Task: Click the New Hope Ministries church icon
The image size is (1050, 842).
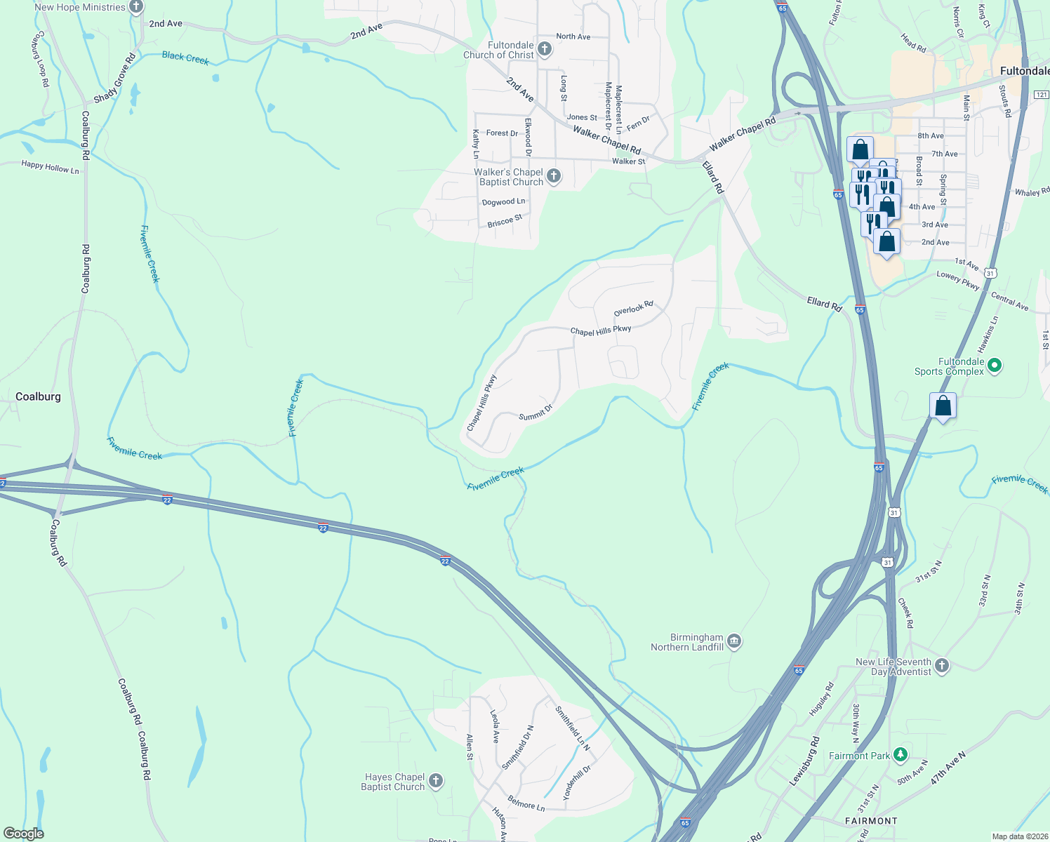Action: pyautogui.click(x=136, y=7)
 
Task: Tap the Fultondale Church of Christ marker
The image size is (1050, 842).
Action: pyautogui.click(x=545, y=50)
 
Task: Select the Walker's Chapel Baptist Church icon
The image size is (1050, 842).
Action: pyautogui.click(x=554, y=176)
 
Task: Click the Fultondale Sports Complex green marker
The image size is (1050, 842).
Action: pyautogui.click(x=994, y=366)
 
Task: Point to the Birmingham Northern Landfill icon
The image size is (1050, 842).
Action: pyautogui.click(x=734, y=641)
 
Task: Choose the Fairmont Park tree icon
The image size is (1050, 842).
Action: pyautogui.click(x=901, y=756)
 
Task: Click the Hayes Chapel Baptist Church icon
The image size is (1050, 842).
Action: pyautogui.click(x=436, y=781)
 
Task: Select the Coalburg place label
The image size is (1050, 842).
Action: pyautogui.click(x=38, y=396)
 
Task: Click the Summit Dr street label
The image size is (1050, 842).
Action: pyautogui.click(x=536, y=413)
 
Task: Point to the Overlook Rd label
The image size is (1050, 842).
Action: pyautogui.click(x=633, y=309)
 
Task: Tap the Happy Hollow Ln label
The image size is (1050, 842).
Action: pyautogui.click(x=50, y=167)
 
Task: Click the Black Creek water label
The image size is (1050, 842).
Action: pyautogui.click(x=185, y=58)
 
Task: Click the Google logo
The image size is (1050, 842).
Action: pyautogui.click(x=23, y=833)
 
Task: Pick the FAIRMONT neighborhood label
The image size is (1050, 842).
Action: pyautogui.click(x=870, y=820)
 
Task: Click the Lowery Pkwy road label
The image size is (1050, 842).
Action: pyautogui.click(x=957, y=280)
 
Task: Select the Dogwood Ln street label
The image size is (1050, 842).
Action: pyautogui.click(x=503, y=202)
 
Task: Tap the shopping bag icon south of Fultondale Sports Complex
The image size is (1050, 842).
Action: pyautogui.click(x=943, y=407)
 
